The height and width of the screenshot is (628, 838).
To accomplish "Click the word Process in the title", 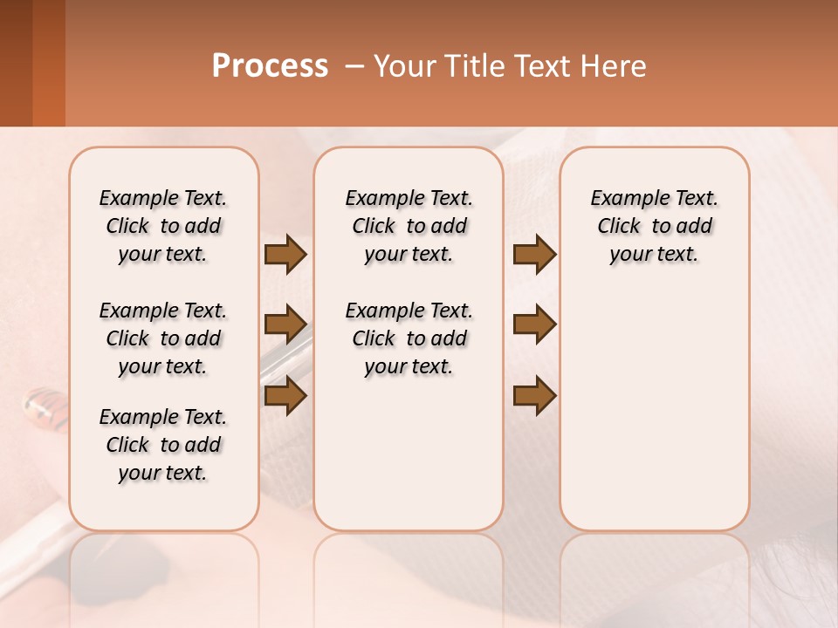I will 270,66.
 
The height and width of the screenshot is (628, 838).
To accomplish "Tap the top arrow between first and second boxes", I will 285,254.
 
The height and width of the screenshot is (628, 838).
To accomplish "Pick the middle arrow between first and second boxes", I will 285,324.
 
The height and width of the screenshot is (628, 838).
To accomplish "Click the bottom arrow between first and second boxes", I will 285,395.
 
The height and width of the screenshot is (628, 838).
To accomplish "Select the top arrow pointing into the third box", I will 534,254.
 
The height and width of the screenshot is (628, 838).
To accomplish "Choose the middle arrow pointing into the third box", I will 534,324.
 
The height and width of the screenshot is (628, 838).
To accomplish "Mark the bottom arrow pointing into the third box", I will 534,395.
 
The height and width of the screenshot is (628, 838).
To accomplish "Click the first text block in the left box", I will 163,226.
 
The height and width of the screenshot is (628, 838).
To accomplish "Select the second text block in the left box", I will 163,338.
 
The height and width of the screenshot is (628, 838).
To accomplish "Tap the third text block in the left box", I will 163,445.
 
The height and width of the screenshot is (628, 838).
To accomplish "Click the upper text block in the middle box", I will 409,226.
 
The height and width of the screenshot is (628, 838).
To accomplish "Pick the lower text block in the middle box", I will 409,338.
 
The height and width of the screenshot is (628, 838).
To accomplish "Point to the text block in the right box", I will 654,226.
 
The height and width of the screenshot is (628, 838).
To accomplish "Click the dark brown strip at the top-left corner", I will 16,63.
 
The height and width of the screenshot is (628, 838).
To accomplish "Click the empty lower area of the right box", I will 654,410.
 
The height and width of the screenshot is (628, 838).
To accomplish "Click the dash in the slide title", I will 354,66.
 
